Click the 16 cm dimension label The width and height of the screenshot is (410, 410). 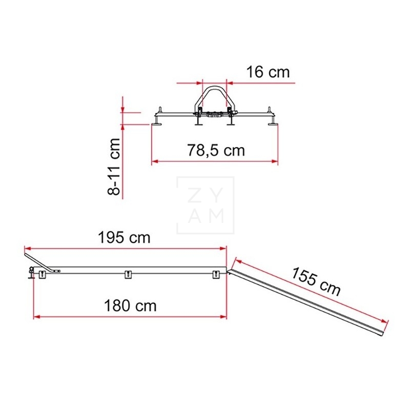(x=268, y=72)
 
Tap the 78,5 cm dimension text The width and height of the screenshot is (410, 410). (x=216, y=150)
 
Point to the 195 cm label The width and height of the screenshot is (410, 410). (x=124, y=238)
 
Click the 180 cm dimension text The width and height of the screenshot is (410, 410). (x=130, y=305)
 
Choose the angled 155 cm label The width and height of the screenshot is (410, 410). (x=316, y=281)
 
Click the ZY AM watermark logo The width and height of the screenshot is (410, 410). (x=206, y=206)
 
